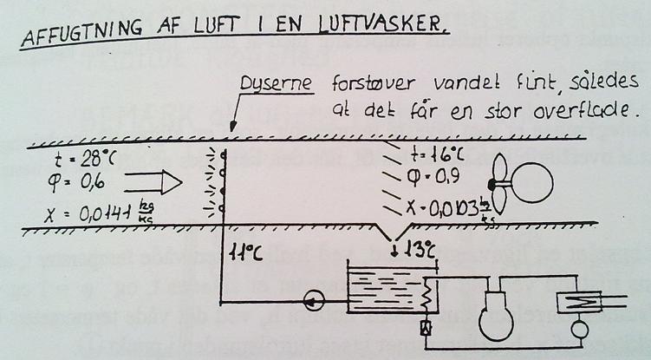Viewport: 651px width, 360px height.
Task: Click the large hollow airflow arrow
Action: tap(153, 183)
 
